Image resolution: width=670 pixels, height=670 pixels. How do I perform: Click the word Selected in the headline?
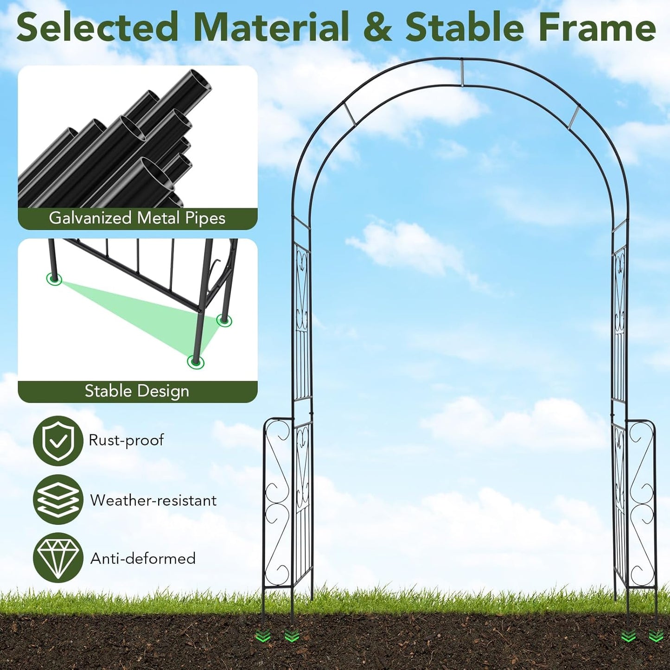(97, 27)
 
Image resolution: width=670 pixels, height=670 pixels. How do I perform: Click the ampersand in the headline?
(377, 27)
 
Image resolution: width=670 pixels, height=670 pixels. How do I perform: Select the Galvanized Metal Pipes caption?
(137, 218)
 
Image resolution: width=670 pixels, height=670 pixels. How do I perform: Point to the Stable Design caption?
(137, 391)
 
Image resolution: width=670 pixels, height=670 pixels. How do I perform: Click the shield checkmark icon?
(58, 441)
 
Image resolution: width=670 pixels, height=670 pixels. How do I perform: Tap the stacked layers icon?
(58, 500)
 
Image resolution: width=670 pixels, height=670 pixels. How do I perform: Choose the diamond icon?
(58, 558)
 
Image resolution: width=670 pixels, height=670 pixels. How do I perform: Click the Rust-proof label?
(126, 440)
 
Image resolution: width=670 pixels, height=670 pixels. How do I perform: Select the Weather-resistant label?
(153, 500)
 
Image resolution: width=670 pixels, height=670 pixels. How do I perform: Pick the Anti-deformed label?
(143, 558)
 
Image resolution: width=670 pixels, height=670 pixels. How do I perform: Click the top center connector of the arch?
(462, 72)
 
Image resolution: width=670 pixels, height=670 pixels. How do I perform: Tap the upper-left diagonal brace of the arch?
(350, 114)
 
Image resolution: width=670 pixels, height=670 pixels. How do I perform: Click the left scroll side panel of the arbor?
(278, 504)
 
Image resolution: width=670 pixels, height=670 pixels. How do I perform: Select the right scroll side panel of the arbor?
(642, 504)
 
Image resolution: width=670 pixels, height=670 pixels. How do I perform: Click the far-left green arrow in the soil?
(263, 637)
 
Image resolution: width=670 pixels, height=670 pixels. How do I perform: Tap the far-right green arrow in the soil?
(656, 636)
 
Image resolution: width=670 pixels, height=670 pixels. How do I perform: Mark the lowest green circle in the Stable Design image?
(196, 362)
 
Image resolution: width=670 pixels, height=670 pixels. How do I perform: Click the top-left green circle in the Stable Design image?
(54, 279)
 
